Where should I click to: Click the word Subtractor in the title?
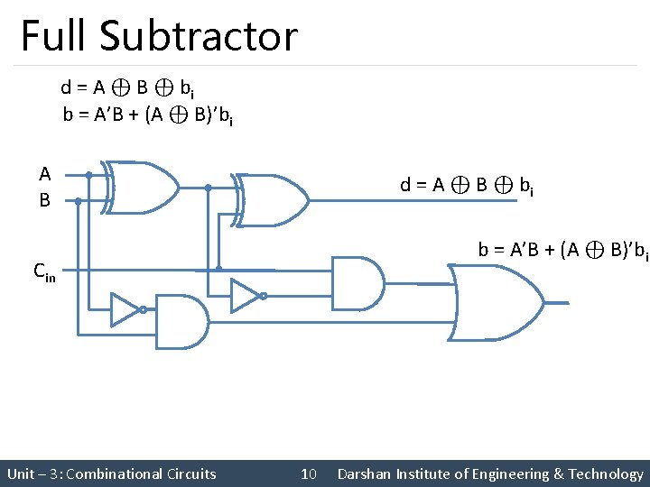(199, 36)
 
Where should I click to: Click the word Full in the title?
(54, 36)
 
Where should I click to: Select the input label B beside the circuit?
(44, 200)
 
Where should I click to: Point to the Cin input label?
(44, 270)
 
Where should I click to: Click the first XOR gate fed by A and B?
(140, 188)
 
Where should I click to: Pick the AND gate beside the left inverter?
(183, 321)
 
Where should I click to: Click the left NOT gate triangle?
(125, 309)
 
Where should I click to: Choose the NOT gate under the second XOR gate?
(245, 294)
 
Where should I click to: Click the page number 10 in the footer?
(308, 473)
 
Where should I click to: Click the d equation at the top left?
(125, 88)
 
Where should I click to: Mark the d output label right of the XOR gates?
(466, 187)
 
